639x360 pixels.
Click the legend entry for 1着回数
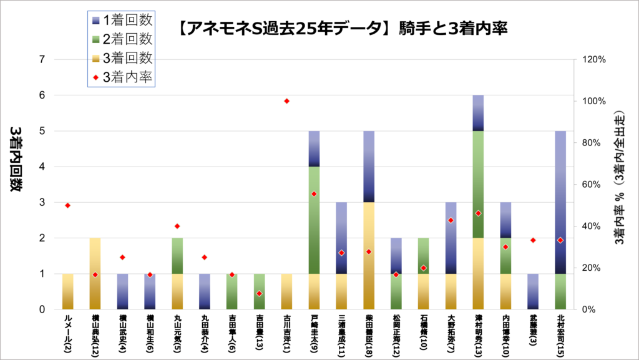point(121,20)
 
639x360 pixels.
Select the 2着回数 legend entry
point(121,39)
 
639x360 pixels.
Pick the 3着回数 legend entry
point(121,58)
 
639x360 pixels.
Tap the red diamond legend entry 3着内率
point(121,77)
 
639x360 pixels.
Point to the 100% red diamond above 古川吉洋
point(287,101)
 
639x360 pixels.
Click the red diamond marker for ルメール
point(67,205)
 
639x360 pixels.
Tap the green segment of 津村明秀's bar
point(478,184)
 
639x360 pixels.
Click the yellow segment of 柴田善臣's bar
point(369,255)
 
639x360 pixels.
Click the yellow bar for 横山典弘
point(95,273)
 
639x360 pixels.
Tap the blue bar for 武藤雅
point(533,291)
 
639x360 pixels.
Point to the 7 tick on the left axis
point(42,60)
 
